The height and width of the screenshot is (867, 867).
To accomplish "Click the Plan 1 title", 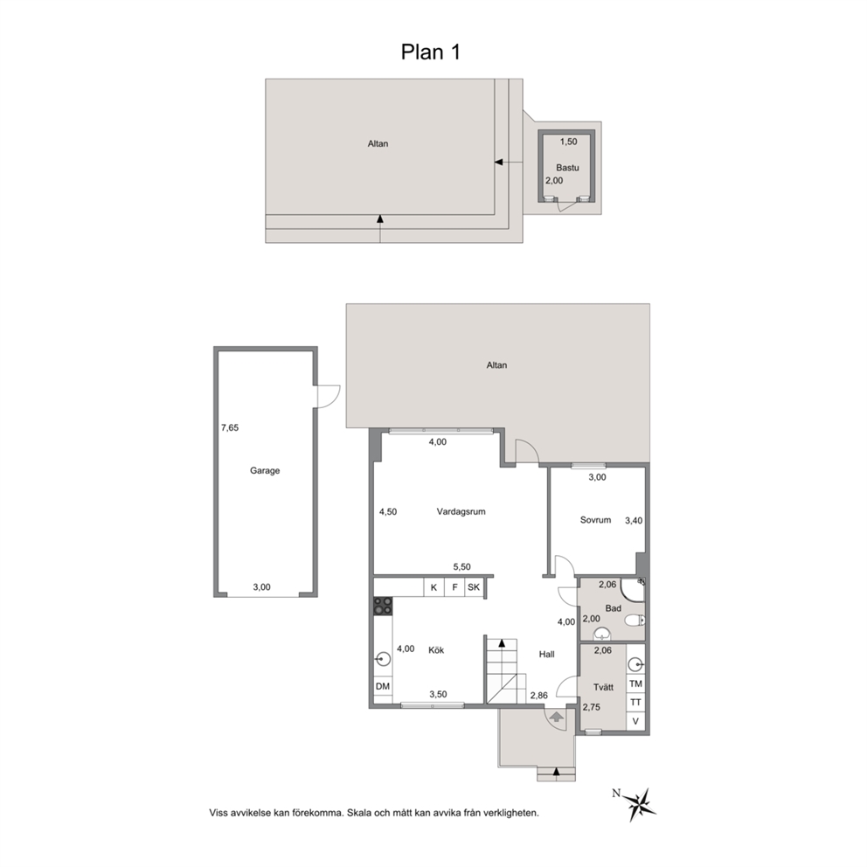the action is click(430, 52).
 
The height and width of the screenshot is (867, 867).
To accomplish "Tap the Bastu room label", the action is click(567, 168).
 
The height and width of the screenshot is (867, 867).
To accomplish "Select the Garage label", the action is click(265, 470).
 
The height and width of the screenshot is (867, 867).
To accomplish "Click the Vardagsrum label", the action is click(461, 511).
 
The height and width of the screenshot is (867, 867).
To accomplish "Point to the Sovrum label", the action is click(595, 520).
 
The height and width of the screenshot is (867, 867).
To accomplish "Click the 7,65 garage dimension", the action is click(230, 427).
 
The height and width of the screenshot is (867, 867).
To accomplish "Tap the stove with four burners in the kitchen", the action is click(383, 606).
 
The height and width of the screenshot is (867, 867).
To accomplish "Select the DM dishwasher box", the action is click(383, 686).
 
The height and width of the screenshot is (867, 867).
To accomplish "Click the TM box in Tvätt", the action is click(636, 683).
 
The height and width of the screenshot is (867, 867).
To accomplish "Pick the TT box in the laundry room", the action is click(636, 702).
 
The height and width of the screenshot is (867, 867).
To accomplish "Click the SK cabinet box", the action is click(474, 587).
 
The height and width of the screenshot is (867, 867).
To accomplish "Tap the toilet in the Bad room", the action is click(635, 621).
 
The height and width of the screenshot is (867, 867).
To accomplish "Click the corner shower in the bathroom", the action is click(633, 589).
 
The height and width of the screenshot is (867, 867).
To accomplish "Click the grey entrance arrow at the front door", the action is click(556, 718).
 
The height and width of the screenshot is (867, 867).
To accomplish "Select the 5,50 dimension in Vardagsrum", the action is click(461, 566).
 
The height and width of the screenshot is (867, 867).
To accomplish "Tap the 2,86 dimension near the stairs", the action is click(539, 695).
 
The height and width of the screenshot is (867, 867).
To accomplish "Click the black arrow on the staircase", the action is click(502, 643).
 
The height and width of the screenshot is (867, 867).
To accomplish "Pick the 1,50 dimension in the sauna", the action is click(568, 142).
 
